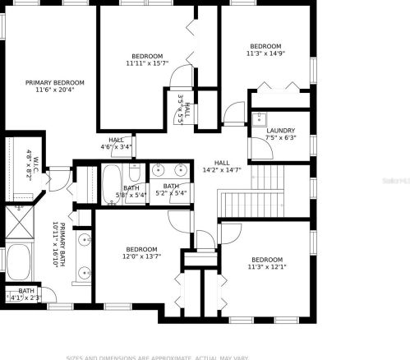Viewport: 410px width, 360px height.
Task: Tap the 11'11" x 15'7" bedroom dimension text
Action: pyautogui.click(x=147, y=63)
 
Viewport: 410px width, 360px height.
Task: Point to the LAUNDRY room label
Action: pyautogui.click(x=280, y=131)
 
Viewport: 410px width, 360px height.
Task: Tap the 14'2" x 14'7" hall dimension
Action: pyautogui.click(x=221, y=170)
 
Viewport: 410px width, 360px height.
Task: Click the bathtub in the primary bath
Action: pyautogui.click(x=18, y=263)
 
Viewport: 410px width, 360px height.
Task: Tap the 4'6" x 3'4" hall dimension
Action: pyautogui.click(x=116, y=147)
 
